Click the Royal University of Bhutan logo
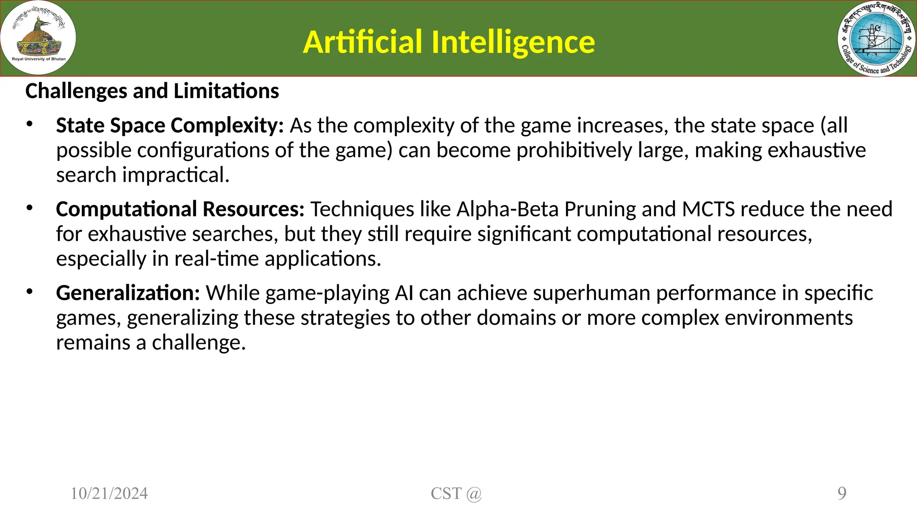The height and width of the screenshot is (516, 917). point(39,38)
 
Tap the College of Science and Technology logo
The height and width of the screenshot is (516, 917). point(877,39)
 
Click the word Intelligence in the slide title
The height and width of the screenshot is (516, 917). point(513,42)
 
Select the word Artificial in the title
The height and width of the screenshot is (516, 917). point(362,42)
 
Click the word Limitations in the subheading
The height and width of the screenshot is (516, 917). point(226,91)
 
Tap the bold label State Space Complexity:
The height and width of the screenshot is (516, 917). point(170,126)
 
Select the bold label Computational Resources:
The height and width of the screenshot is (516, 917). point(180,210)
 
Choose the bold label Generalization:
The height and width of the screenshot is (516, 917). point(128,293)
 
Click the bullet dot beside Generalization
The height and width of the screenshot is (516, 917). point(30,292)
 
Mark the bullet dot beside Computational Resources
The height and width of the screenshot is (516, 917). point(30,208)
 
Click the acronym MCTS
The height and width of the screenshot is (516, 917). point(708,210)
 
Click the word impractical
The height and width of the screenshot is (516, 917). point(176,175)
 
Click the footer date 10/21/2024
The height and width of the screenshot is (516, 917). point(109,494)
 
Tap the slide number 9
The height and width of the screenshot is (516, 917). point(842,494)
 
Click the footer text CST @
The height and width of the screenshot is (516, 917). point(456,494)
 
